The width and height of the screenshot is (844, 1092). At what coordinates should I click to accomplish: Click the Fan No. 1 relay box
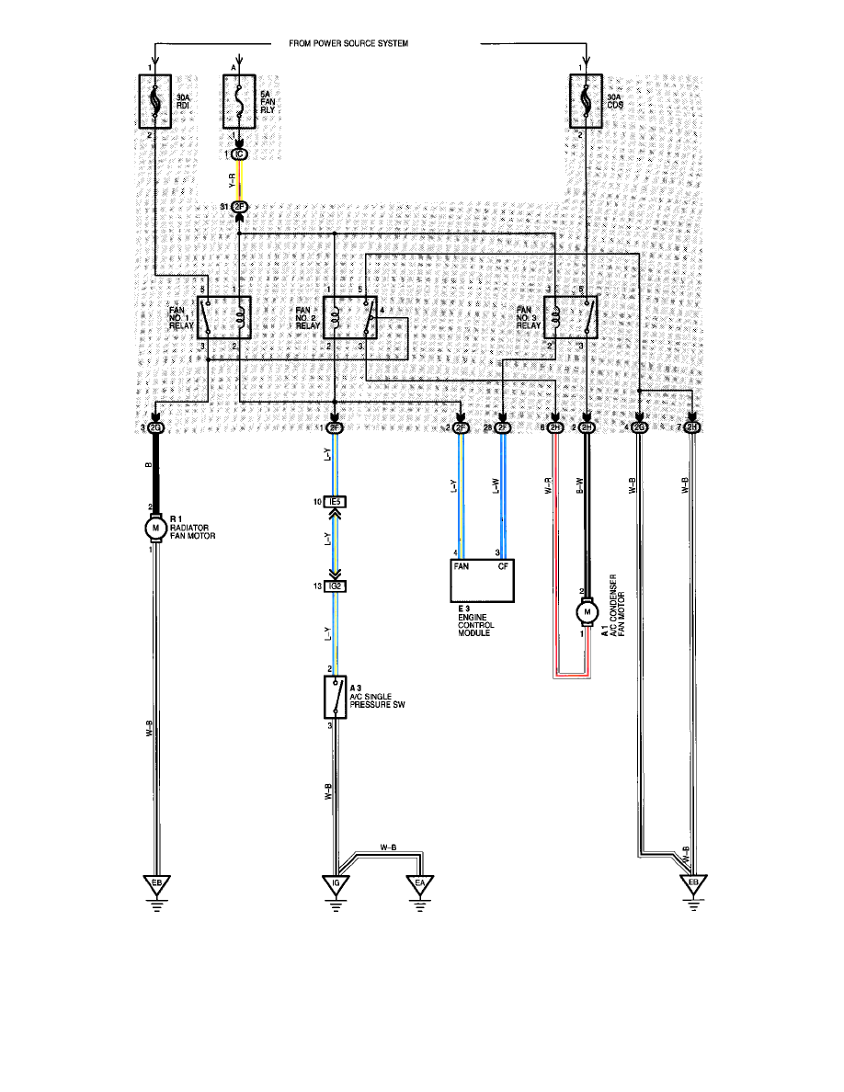point(223,317)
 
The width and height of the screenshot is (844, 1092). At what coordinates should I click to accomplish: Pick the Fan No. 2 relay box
point(350,317)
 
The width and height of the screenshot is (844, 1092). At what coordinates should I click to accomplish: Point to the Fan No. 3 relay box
point(571,317)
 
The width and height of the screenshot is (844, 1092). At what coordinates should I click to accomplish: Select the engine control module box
point(483,579)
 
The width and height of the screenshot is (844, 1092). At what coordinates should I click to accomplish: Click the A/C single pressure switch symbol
point(335,698)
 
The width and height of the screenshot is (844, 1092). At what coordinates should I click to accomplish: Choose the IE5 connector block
point(336,502)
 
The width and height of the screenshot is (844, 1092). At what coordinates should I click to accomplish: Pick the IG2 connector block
point(336,586)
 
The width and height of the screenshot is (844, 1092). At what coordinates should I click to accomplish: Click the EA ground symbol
point(420,885)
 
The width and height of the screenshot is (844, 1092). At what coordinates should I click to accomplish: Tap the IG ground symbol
point(336,885)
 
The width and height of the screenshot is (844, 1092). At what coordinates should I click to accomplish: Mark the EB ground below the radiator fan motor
point(157,885)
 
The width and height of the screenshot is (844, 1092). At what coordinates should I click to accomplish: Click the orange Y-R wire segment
point(240,179)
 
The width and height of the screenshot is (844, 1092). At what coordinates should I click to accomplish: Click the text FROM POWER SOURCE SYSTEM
point(348,43)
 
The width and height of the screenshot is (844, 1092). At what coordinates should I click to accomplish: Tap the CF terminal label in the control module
point(502,567)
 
